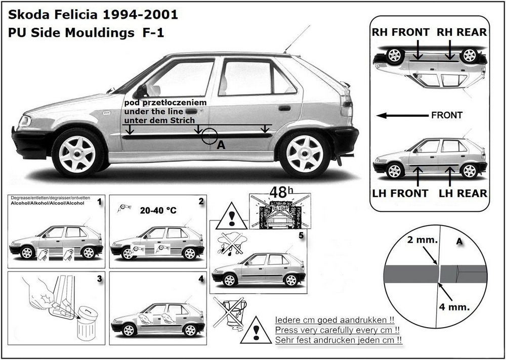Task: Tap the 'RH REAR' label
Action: (x=462, y=32)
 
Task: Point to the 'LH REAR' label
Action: (x=462, y=193)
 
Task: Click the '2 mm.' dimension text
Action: (x=421, y=241)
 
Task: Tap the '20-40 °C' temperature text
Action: (x=159, y=210)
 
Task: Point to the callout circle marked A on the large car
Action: (x=209, y=136)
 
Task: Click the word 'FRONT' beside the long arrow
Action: (x=446, y=115)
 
